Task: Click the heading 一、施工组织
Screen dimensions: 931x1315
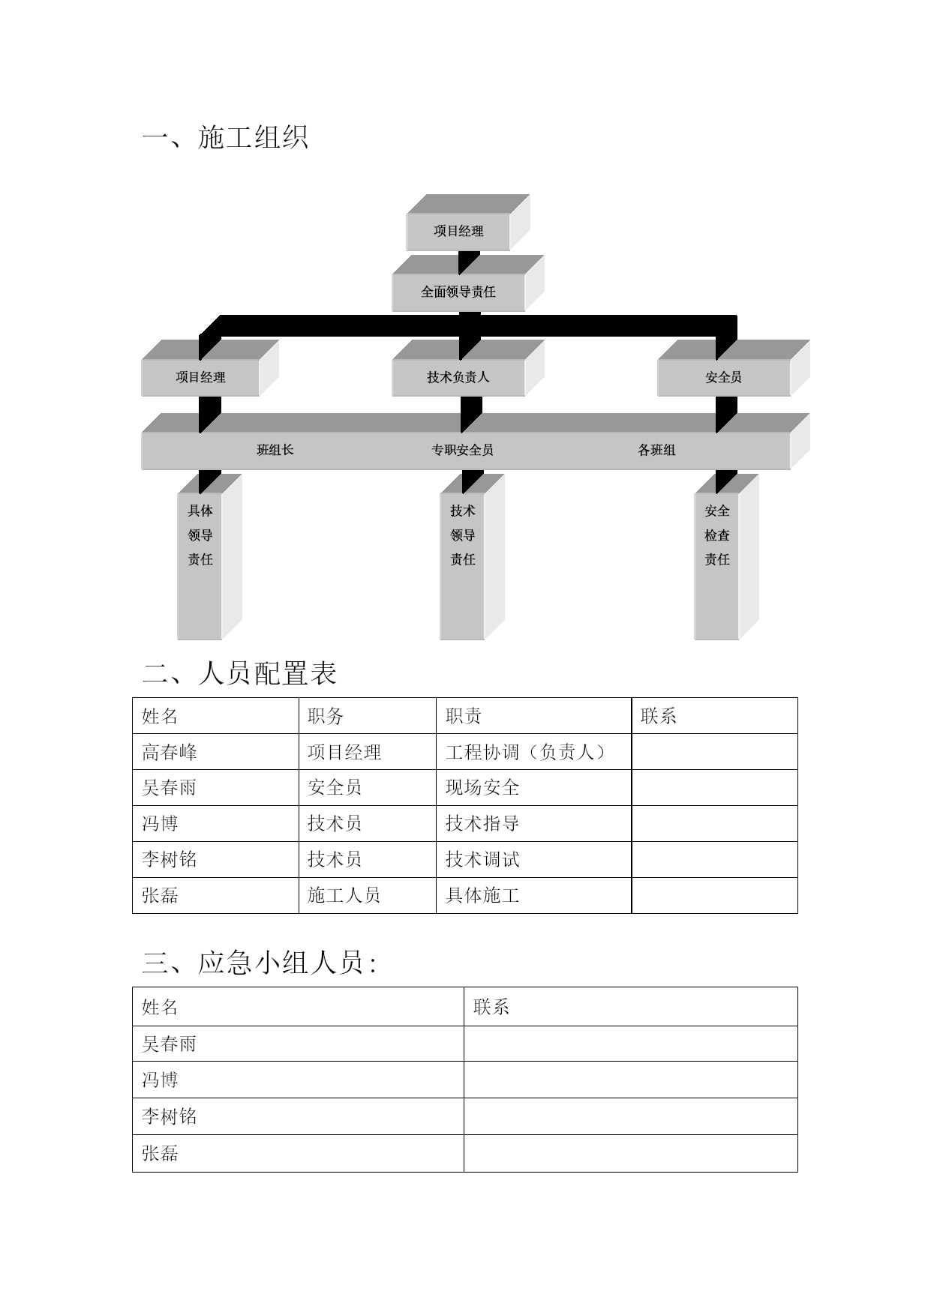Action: [225, 137]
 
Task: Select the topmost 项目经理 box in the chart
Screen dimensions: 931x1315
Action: [458, 231]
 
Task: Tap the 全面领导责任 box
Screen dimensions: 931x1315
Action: [458, 292]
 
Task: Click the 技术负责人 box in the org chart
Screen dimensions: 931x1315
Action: [458, 377]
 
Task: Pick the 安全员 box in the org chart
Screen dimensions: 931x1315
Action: [724, 377]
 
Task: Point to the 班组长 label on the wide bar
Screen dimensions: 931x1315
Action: [275, 450]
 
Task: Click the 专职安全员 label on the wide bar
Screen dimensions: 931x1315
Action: [462, 450]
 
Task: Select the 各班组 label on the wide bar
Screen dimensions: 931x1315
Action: [656, 450]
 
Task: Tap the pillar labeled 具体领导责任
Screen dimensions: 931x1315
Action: [200, 566]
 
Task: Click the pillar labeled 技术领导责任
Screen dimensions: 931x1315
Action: [463, 566]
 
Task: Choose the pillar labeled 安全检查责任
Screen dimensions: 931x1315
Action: [717, 566]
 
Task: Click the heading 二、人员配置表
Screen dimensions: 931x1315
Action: [239, 673]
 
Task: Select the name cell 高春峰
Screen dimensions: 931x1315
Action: [170, 752]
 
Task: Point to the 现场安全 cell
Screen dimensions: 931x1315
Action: [482, 788]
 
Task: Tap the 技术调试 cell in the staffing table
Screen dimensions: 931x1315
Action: [482, 860]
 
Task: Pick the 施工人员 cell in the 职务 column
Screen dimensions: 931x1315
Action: [344, 896]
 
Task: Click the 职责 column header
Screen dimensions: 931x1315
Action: [464, 716]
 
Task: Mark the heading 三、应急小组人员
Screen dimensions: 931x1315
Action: [259, 963]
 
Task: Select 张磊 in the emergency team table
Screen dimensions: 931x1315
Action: [160, 1153]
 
